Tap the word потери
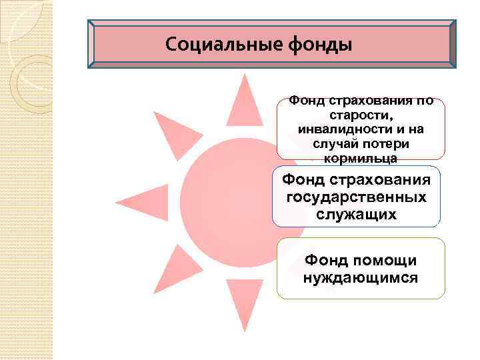[388, 144]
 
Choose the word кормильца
[360, 159]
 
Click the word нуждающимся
[361, 277]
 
